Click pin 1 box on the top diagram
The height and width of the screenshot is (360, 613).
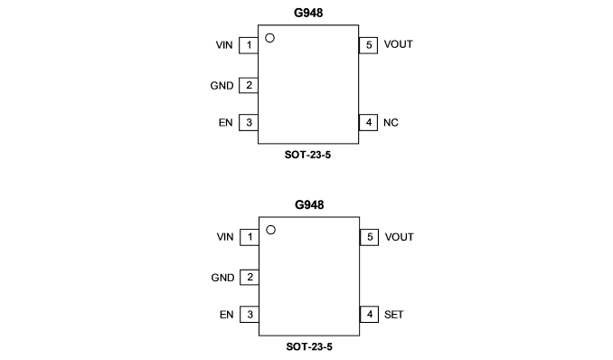(249, 45)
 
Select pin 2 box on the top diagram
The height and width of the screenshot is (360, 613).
(249, 85)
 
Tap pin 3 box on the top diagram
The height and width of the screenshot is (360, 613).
(249, 122)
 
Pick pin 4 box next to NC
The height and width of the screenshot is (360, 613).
(368, 122)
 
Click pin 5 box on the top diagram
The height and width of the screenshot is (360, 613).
(368, 45)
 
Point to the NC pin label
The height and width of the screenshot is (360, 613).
(391, 123)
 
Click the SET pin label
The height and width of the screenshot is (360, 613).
(393, 315)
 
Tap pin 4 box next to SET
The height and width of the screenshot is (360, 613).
(370, 314)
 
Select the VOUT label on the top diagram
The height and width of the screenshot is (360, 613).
(398, 44)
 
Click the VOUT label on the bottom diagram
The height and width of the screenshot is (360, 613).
(399, 237)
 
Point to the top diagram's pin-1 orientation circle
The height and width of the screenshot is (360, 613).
(269, 38)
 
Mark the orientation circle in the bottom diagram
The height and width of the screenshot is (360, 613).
(270, 230)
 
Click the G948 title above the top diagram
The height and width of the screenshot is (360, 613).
(308, 13)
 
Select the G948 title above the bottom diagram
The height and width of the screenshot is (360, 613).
(309, 204)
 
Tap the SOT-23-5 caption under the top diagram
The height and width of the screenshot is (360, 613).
(307, 155)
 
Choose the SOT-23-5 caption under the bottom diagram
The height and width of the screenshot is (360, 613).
(309, 346)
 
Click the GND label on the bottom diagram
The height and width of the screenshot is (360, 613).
(222, 278)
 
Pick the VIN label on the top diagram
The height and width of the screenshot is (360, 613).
(224, 45)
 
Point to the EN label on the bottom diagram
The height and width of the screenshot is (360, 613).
(226, 315)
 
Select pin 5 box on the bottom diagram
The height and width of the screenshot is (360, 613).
(370, 238)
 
